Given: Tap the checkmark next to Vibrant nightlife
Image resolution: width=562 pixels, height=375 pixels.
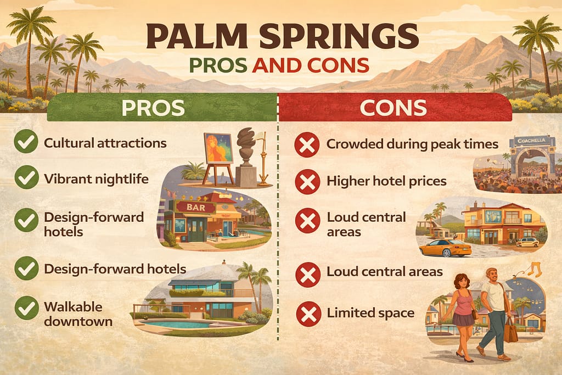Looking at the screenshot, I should coord(25,178).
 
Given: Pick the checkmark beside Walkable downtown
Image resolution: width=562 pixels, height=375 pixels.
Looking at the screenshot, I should coord(25,308).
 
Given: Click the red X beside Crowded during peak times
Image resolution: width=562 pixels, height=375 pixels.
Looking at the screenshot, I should coord(307,144).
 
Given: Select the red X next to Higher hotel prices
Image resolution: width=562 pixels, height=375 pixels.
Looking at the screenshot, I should coord(307,182).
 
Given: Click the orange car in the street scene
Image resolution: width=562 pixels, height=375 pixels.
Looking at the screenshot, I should coord(445,248).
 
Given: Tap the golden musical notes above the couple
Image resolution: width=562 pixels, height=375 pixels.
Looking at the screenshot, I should coord(533,268).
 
